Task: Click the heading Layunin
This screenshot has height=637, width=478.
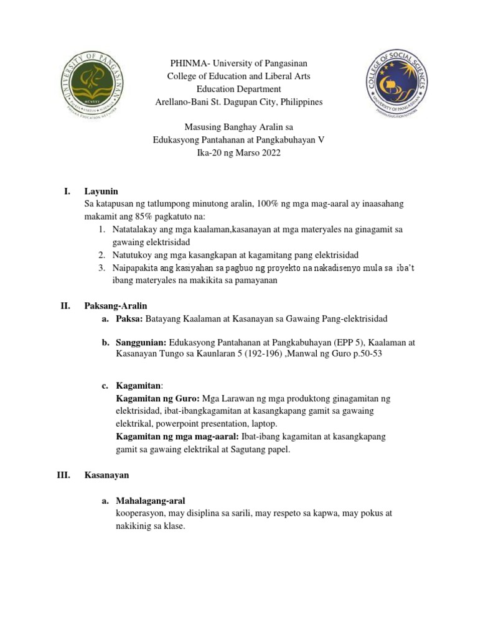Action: pyautogui.click(x=101, y=191)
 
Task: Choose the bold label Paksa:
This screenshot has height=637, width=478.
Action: pyautogui.click(x=129, y=318)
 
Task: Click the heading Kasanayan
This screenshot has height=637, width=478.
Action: pyautogui.click(x=106, y=475)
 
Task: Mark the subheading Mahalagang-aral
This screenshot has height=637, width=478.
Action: pyautogui.click(x=151, y=501)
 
